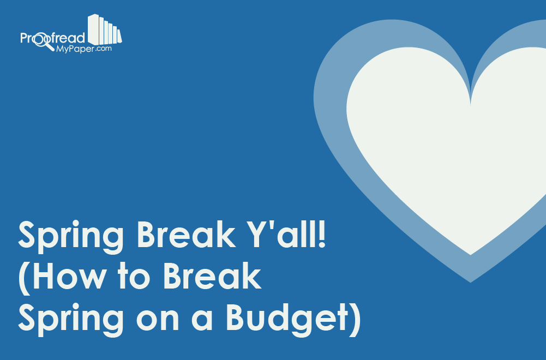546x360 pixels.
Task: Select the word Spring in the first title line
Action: click(71, 237)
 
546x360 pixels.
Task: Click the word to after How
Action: click(134, 277)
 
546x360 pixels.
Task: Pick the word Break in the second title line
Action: click(212, 276)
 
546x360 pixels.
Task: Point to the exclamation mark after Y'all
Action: click(322, 234)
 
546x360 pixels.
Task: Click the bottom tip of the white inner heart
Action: click(470, 255)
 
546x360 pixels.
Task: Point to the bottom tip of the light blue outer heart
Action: click(470, 283)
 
